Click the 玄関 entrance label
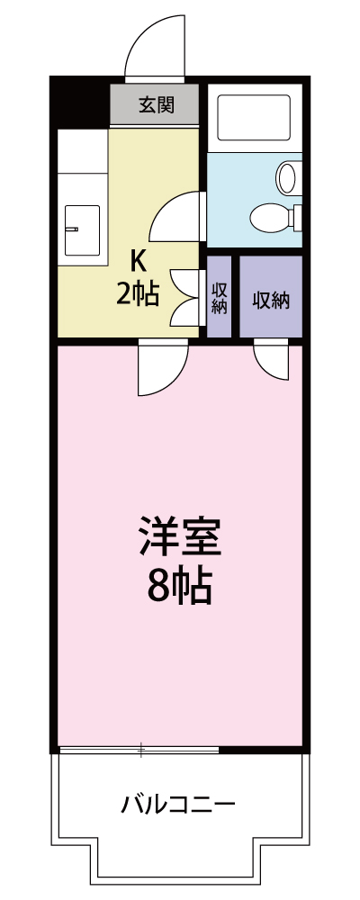156,104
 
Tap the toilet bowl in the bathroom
268,217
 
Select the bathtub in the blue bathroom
255,117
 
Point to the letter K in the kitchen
138,261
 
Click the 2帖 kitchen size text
138,293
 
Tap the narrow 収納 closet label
220,298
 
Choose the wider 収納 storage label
270,300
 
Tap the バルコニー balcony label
180,804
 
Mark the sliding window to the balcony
139,749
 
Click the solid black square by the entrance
80,103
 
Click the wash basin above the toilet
289,176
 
